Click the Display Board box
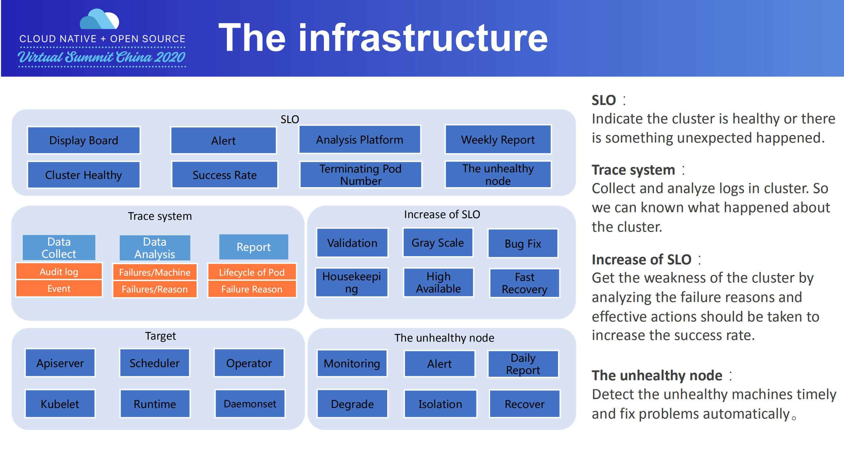point(84,140)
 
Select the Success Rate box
point(225,175)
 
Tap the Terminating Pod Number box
point(360,175)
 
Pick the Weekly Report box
point(498,140)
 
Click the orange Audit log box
point(59,272)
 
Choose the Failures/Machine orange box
point(155,272)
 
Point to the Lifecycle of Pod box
point(252,272)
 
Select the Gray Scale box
point(438,243)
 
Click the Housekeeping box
point(352,283)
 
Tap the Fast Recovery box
point(524,283)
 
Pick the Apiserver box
point(60,363)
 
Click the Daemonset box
point(250,404)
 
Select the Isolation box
point(440,404)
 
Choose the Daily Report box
point(523,364)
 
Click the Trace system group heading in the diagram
point(160,216)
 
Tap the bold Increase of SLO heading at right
point(641,259)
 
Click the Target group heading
point(160,336)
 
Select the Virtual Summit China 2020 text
point(102,57)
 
